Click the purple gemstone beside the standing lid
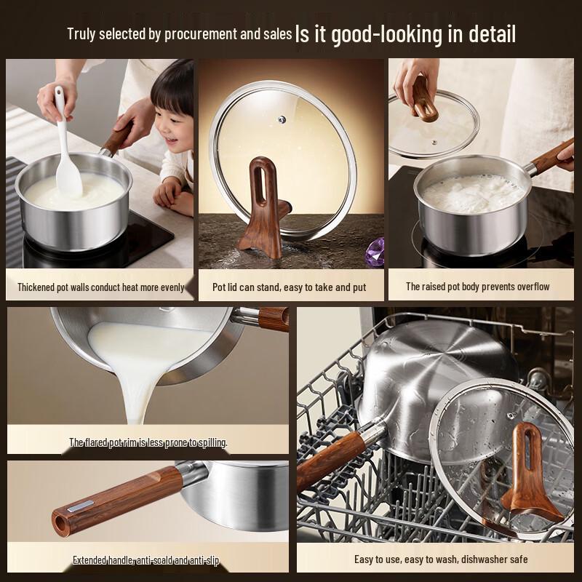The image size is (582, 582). coord(375,252)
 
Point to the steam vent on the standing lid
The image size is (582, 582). coord(282,119)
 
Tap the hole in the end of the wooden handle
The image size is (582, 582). coord(60,523)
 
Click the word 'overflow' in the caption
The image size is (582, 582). coord(533,287)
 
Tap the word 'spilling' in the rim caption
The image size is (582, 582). coord(212,442)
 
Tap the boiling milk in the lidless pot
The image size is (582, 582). coord(474,193)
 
